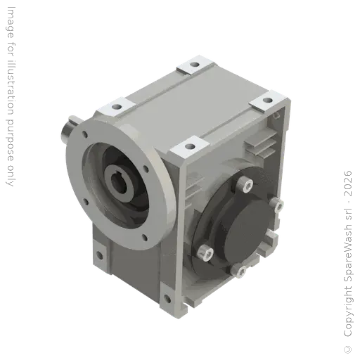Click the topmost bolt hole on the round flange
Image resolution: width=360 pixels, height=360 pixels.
coord(84,134)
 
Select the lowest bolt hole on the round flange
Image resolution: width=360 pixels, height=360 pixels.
coord(145,238)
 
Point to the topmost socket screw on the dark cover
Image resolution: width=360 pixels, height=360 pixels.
coord(245,184)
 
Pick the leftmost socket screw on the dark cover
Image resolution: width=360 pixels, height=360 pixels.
coord(205,252)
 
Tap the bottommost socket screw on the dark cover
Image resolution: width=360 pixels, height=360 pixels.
coord(239,270)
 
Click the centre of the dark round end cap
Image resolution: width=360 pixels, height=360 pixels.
coord(249,228)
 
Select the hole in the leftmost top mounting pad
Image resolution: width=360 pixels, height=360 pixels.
coord(117,107)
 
